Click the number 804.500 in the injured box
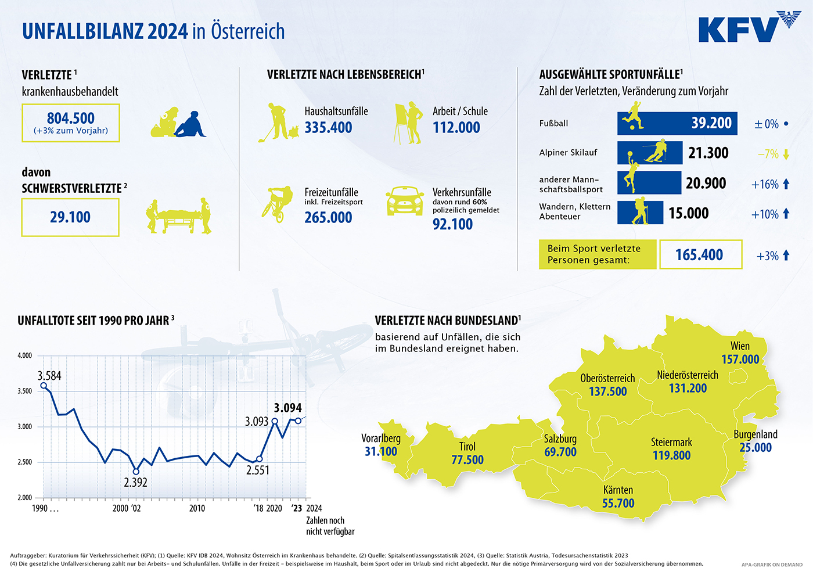[71, 118]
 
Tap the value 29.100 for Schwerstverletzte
[70, 217]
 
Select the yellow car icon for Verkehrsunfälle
[405, 201]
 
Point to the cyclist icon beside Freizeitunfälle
[278, 204]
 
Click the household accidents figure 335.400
[328, 127]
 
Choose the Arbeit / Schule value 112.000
[456, 127]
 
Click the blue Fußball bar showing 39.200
[677, 123]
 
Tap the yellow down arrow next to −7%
[786, 154]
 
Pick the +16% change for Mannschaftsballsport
[765, 185]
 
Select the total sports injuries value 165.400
[699, 255]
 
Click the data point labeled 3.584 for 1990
[44, 386]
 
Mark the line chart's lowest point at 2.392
[136, 472]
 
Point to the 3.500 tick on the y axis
[24, 391]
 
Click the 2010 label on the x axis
[197, 508]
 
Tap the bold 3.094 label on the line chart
[288, 408]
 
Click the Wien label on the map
[740, 346]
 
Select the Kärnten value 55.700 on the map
[618, 503]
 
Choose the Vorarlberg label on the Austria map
[381, 439]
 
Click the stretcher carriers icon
[179, 215]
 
